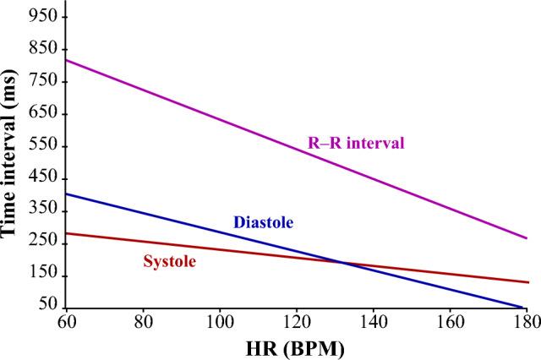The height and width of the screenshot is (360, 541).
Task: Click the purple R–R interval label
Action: coord(356,142)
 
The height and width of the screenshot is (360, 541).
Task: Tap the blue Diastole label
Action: coord(263,222)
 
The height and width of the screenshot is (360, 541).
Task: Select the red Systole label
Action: coord(169,261)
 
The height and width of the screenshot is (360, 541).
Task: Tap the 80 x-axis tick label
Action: coord(143,321)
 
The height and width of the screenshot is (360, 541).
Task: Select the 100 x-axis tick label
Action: coord(220,321)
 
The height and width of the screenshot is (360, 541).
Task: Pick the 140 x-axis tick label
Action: coord(374,321)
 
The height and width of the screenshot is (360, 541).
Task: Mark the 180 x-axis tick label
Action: coord(525,321)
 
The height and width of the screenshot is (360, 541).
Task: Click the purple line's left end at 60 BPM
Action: coord(67,60)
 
